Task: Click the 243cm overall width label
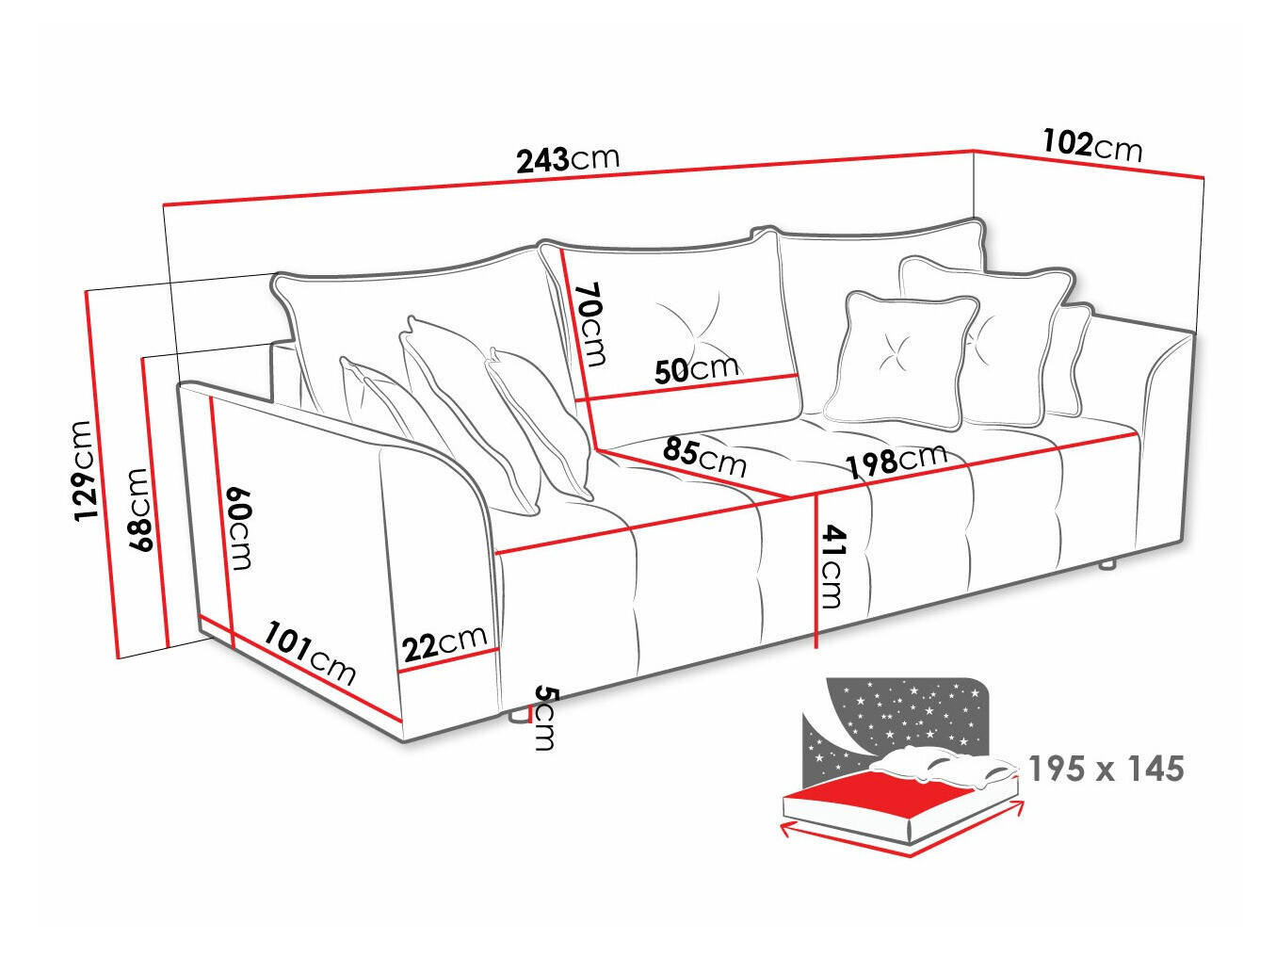pyautogui.click(x=568, y=159)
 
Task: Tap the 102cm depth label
pyautogui.click(x=1091, y=145)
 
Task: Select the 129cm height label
pyautogui.click(x=86, y=470)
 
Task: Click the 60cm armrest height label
pyautogui.click(x=239, y=528)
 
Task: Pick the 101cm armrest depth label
pyautogui.click(x=310, y=652)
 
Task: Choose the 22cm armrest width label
pyautogui.click(x=444, y=643)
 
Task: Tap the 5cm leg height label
pyautogui.click(x=545, y=718)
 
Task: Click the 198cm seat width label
pyautogui.click(x=896, y=462)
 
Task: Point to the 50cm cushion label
pyautogui.click(x=697, y=369)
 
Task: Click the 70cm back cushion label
pyautogui.click(x=591, y=324)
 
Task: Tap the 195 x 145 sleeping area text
pyautogui.click(x=1106, y=769)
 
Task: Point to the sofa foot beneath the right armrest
pyautogui.click(x=1107, y=566)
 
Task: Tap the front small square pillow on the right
pyautogui.click(x=897, y=360)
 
